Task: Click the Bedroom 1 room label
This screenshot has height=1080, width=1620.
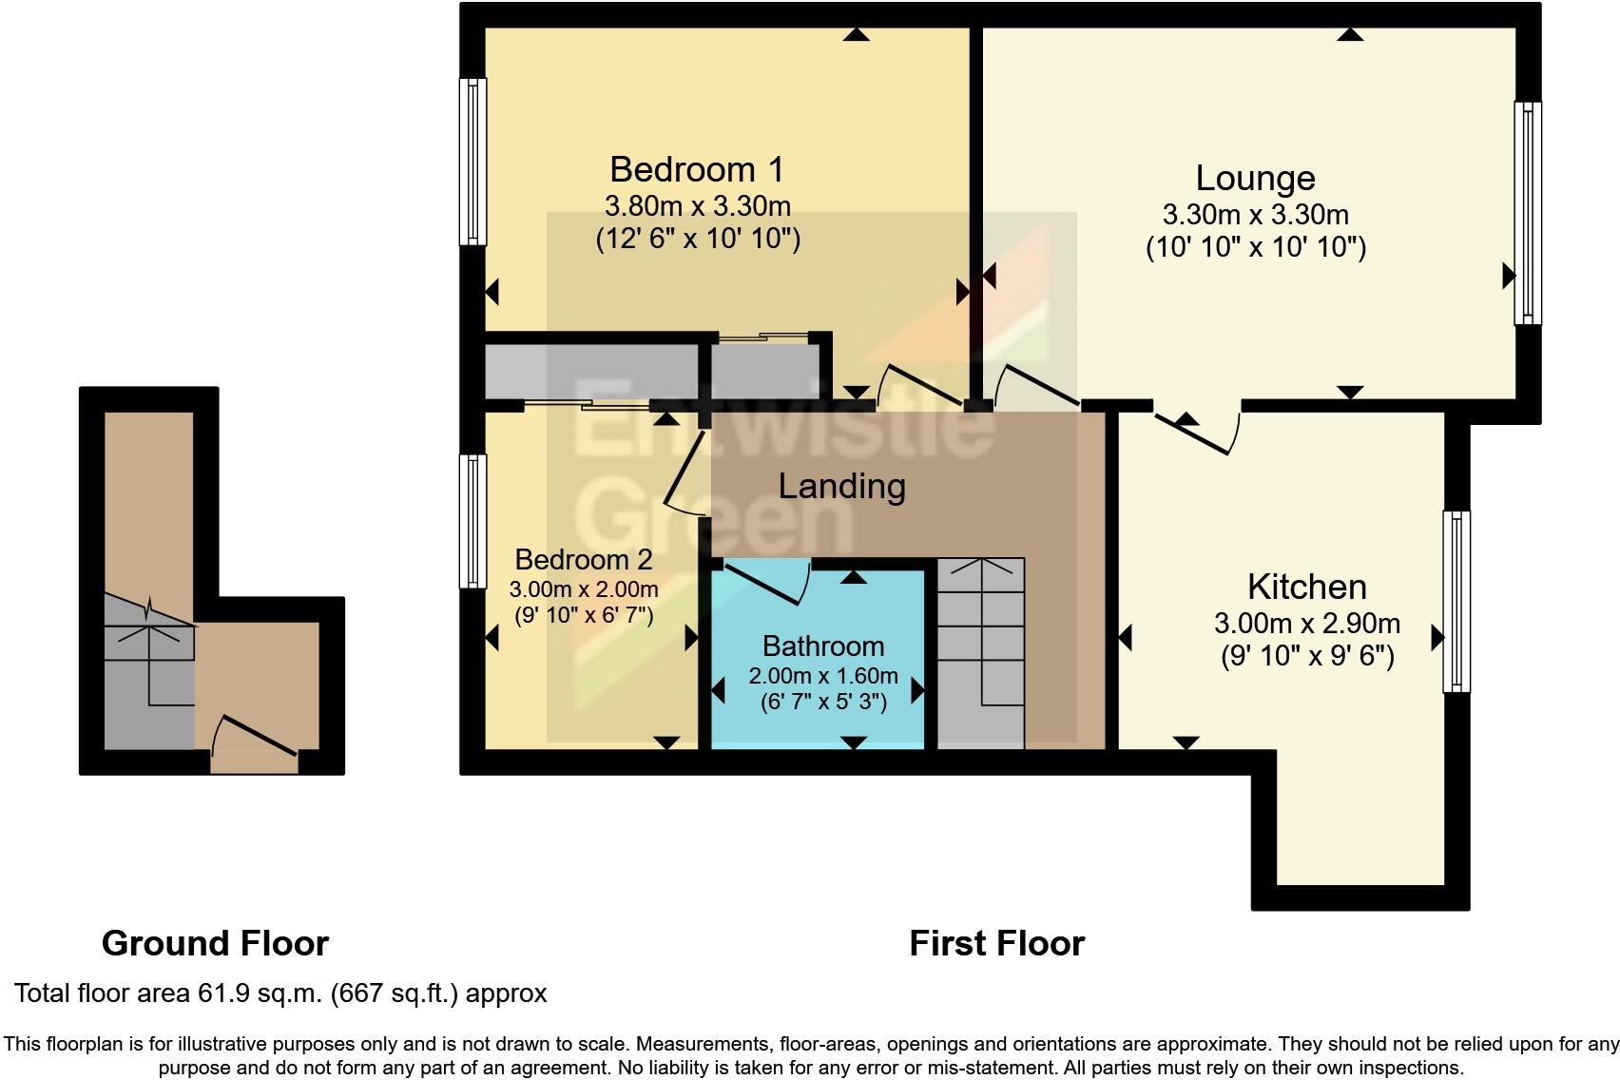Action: pyautogui.click(x=697, y=169)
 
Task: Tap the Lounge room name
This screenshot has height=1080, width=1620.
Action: pyautogui.click(x=1255, y=178)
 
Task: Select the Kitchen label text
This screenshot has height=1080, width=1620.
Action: pyautogui.click(x=1306, y=587)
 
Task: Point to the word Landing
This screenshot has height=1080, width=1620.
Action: pyautogui.click(x=841, y=486)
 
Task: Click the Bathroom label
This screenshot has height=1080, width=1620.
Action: pyautogui.click(x=823, y=646)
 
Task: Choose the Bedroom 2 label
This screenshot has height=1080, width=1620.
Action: pyautogui.click(x=584, y=559)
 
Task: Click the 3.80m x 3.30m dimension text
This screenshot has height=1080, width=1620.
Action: pyautogui.click(x=697, y=205)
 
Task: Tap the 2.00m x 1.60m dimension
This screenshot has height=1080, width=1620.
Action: pyautogui.click(x=823, y=676)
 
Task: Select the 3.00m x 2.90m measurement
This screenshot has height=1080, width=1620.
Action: pyautogui.click(x=1306, y=624)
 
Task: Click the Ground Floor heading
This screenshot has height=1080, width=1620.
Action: pyautogui.click(x=215, y=943)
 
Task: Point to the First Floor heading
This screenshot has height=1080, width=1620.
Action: pyautogui.click(x=996, y=943)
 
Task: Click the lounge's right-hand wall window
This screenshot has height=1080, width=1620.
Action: pyautogui.click(x=1527, y=213)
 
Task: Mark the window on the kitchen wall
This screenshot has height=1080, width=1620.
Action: pyautogui.click(x=1456, y=601)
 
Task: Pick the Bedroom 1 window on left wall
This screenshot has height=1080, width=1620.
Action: pyautogui.click(x=472, y=161)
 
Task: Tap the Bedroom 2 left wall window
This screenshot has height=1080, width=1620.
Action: pyautogui.click(x=472, y=521)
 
